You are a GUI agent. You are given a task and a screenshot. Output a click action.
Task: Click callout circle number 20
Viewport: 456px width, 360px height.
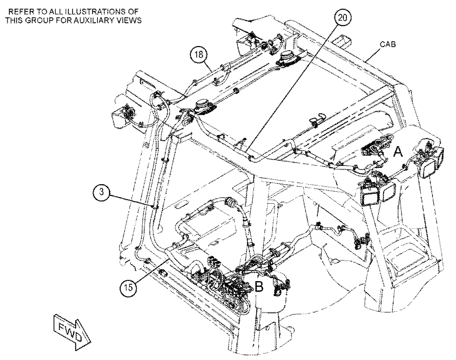coord(342,18)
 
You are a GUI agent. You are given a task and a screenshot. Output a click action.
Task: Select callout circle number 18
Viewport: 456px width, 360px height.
coord(198,55)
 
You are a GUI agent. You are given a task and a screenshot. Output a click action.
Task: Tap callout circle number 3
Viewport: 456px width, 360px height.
coord(101,192)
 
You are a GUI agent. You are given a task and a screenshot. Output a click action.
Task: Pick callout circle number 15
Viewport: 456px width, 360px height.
coord(128,287)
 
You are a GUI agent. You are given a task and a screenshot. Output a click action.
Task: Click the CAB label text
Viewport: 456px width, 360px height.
coord(388,44)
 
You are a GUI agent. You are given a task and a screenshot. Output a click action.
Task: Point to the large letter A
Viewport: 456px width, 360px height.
coord(398,152)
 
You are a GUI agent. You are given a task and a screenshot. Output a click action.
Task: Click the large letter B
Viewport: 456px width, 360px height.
coord(259,287)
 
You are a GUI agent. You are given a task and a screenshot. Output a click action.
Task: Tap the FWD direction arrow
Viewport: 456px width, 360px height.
coord(72,332)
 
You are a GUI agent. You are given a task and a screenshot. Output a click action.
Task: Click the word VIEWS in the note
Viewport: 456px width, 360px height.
coord(130,20)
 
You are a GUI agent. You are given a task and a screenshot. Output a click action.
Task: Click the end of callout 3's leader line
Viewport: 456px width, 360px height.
coord(156,207)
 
